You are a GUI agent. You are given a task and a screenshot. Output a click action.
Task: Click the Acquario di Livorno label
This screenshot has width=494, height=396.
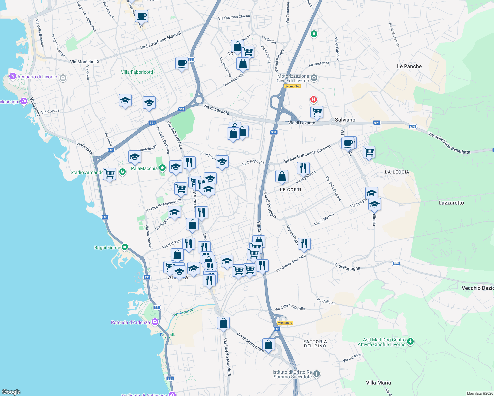point(37,77)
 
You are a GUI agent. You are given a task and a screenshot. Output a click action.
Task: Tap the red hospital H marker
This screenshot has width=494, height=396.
point(313,99)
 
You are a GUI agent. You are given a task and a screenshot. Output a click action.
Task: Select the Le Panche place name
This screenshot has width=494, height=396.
point(409,66)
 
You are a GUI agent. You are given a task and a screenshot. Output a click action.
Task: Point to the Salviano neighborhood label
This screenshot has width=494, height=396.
point(345,120)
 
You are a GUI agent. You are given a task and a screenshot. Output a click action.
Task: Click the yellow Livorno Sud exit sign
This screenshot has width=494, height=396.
point(292,86)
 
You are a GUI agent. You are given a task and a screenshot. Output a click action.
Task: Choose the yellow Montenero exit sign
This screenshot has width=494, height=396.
point(285,323)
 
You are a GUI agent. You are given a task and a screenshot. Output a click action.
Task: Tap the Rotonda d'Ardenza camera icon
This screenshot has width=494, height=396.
point(155,322)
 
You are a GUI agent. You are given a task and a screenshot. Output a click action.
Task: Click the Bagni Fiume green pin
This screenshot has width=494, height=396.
point(125,247)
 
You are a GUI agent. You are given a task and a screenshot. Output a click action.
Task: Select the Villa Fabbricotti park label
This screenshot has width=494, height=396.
point(137,72)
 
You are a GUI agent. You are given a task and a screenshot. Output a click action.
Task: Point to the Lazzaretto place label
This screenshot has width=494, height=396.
point(451,203)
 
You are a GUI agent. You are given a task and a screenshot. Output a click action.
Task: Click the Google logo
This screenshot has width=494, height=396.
point(11,392)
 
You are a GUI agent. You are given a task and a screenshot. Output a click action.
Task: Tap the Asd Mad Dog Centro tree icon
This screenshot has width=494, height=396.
point(410,341)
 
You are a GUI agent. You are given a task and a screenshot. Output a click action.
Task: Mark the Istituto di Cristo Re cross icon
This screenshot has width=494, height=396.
point(316,374)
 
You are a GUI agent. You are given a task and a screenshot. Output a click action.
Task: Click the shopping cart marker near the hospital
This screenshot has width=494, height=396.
point(317,112)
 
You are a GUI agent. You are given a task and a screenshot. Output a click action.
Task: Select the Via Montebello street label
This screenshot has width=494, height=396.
point(85,62)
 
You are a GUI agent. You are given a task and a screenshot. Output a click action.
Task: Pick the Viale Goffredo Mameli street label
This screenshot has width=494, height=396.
point(160,40)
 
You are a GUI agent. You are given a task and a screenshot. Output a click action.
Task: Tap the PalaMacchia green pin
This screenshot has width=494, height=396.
point(162,168)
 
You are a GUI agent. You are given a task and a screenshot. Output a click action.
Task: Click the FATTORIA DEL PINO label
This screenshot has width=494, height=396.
point(315,344)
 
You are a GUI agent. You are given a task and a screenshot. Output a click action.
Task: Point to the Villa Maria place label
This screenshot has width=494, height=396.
point(378,383)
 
